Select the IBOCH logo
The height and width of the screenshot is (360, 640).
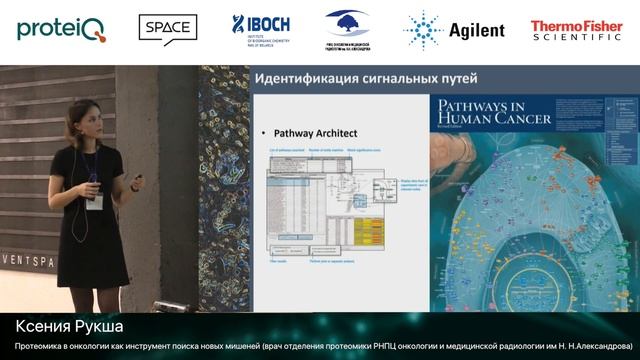pos(263,29)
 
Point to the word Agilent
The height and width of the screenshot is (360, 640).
pos(476,31)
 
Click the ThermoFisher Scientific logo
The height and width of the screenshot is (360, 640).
pos(575,30)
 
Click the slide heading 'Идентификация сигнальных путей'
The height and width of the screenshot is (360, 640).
pos(367,78)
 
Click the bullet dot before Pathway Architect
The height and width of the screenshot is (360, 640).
pos(264,132)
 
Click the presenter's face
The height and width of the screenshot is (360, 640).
pos(87,138)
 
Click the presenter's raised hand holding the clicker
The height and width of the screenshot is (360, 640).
pos(136,183)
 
